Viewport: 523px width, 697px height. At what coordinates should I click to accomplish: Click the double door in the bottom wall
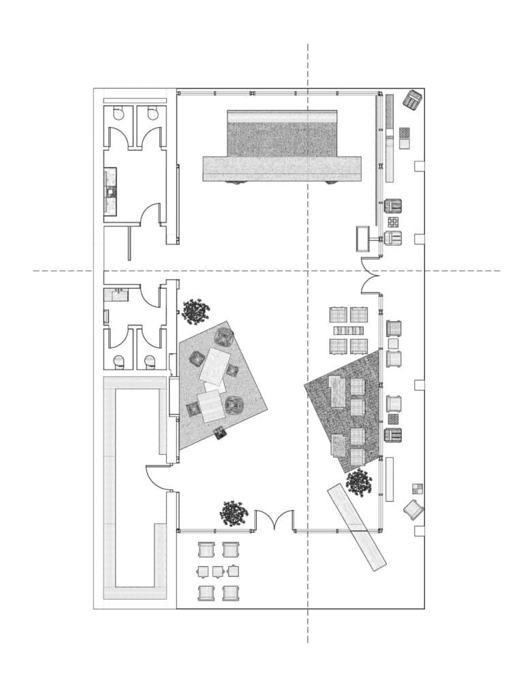click(274, 521)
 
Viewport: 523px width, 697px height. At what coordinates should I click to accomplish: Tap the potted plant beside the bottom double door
click(234, 513)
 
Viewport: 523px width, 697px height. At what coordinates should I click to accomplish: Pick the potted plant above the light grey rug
click(195, 312)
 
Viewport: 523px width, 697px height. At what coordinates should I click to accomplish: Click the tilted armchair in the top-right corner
click(413, 100)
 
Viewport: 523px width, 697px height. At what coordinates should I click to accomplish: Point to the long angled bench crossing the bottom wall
click(357, 526)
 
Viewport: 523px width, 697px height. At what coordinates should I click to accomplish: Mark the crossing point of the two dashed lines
click(308, 271)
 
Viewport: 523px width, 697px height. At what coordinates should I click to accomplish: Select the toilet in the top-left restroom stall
click(119, 114)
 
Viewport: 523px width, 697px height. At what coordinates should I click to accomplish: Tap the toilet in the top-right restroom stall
click(153, 114)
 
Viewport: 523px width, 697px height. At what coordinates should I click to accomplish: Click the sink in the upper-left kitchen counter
click(110, 193)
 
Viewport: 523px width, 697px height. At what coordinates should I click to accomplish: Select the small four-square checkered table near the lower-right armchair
click(417, 488)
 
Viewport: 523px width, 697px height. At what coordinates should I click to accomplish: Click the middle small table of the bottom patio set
click(218, 571)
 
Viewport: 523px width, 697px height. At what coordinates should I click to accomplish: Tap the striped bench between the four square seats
click(349, 331)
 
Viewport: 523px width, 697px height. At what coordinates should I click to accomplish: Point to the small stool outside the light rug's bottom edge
click(220, 432)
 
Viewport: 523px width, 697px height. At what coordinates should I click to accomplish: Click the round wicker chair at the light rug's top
click(224, 336)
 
